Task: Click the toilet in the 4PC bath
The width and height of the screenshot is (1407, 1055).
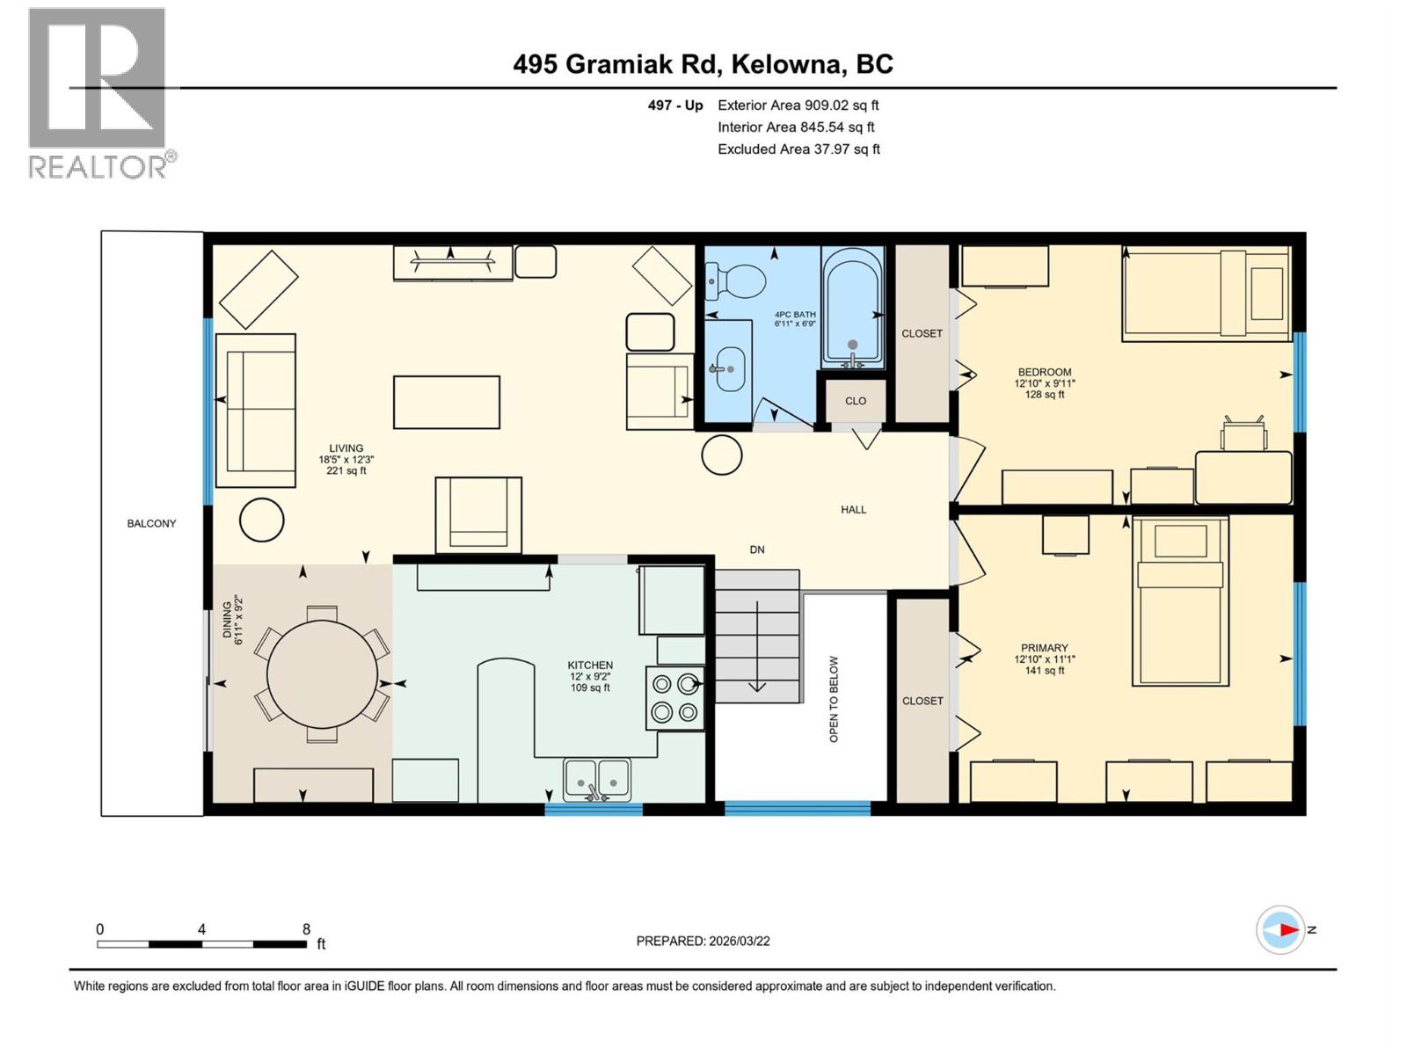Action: pos(737,281)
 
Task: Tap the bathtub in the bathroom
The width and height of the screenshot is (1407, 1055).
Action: pos(852,307)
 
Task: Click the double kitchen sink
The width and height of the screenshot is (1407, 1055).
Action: pos(597,779)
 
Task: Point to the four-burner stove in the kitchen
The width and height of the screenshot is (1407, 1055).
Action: pos(675,698)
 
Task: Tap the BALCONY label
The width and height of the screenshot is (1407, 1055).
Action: pos(151,523)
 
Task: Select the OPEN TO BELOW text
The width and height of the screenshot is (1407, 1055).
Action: pos(834,699)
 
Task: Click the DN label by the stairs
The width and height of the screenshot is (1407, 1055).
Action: pos(757,549)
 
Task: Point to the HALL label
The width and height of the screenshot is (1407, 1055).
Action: pos(853,509)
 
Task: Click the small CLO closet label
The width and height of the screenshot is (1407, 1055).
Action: pos(856,401)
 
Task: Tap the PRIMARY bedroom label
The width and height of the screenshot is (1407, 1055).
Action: pos(1045,648)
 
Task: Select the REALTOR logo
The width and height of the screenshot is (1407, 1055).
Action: pos(98,92)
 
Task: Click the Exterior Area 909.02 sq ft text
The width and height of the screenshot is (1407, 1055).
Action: pos(798,105)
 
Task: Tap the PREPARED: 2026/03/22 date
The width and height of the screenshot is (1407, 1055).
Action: pos(703,941)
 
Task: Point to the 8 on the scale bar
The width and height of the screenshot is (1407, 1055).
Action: pos(306,929)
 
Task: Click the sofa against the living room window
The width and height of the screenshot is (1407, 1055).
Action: pos(256,411)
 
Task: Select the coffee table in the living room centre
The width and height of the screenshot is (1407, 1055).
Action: pos(447,403)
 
